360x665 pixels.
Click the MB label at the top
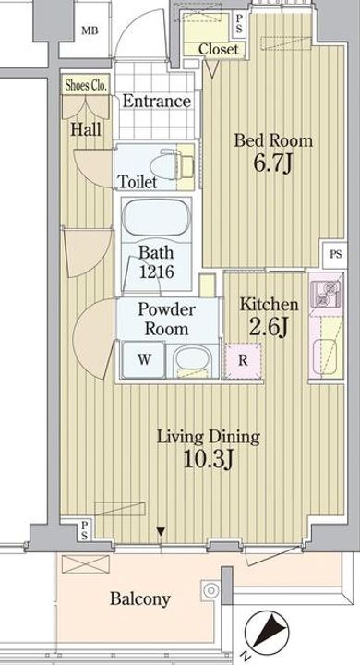tap(90, 30)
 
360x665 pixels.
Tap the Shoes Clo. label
tap(86, 86)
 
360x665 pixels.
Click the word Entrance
tap(157, 102)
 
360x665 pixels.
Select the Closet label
tap(219, 49)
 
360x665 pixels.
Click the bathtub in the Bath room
tap(156, 218)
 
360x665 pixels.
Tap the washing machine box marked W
tap(143, 359)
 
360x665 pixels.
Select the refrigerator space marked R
tap(243, 360)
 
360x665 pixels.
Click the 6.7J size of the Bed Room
tap(273, 163)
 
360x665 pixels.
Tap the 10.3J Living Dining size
tap(209, 458)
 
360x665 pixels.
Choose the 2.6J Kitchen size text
tap(269, 327)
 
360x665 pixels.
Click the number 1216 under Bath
tap(157, 272)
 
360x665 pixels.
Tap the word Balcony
tap(140, 599)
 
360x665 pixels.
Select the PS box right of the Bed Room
tap(336, 255)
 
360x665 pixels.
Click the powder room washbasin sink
tap(192, 359)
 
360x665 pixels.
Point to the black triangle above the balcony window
tap(161, 531)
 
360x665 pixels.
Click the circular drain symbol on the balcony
tap(210, 589)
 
